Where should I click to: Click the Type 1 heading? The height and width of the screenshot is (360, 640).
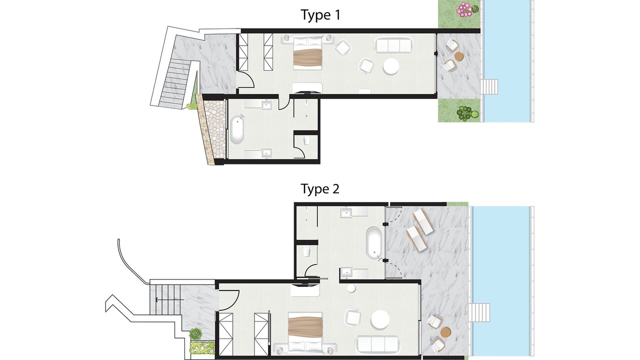(320, 15)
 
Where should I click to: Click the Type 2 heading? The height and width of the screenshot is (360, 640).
(320, 189)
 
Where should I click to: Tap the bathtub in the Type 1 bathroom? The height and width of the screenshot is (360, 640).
(237, 129)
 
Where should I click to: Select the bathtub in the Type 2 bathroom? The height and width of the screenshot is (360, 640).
(374, 243)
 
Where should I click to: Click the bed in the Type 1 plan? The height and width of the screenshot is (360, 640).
(307, 52)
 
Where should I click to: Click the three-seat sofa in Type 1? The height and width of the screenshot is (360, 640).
(393, 45)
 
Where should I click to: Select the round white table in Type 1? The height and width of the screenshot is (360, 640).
(391, 67)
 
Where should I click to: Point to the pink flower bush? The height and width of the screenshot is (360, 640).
(464, 9)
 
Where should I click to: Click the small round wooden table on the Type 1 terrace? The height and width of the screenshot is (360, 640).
(459, 56)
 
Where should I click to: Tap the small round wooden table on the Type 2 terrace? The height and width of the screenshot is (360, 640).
(445, 332)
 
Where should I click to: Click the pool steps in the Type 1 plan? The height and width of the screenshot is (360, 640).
(489, 86)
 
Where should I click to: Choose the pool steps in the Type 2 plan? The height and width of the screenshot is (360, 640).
(479, 312)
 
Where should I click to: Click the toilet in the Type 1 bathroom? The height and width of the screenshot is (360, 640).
(307, 140)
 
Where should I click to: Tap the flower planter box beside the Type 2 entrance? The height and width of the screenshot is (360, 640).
(202, 346)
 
